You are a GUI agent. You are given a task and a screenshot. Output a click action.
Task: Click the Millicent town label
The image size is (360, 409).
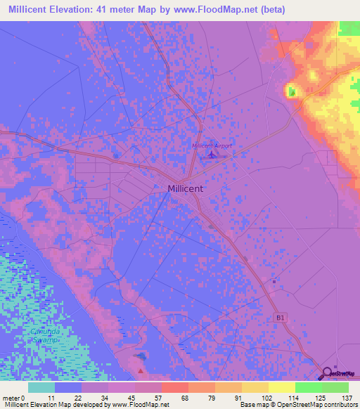point(186,188)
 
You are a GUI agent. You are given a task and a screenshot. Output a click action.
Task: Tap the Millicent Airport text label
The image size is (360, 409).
point(212,145)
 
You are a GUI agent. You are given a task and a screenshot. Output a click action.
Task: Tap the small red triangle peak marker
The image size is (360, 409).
point(141,370)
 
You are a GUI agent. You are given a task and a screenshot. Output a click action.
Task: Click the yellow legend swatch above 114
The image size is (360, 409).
point(281,387)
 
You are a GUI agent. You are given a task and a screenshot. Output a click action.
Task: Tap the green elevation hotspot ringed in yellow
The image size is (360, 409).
point(291,91)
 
